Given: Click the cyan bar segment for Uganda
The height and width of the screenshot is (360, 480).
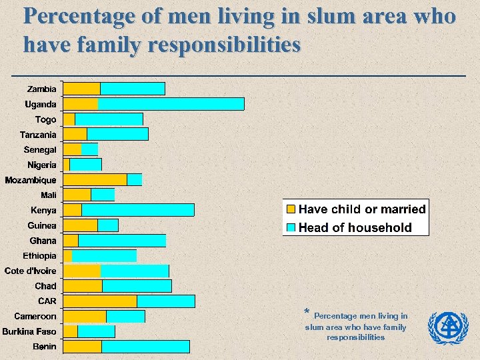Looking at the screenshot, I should pyautogui.click(x=171, y=104).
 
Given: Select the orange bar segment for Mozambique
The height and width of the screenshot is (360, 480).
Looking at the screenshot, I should pyautogui.click(x=95, y=179).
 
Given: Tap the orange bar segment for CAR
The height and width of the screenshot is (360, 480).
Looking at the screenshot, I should pyautogui.click(x=100, y=301).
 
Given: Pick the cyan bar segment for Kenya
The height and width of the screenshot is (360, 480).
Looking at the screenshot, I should pyautogui.click(x=137, y=210).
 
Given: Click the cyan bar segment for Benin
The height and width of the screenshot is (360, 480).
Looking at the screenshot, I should pyautogui.click(x=145, y=347).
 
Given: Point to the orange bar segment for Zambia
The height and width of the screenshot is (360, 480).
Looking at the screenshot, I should pyautogui.click(x=81, y=89).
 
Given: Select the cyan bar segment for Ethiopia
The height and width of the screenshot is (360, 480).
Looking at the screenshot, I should pyautogui.click(x=104, y=256).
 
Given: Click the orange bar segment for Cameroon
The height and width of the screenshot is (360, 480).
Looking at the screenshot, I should pyautogui.click(x=85, y=317).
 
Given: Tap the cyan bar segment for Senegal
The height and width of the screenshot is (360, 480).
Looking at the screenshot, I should pyautogui.click(x=89, y=149).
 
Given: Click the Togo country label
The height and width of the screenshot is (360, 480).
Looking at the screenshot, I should pyautogui.click(x=46, y=120).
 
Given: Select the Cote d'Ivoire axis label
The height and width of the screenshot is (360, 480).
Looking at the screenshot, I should pyautogui.click(x=31, y=271).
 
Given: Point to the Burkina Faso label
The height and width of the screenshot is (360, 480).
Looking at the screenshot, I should pyautogui.click(x=29, y=331).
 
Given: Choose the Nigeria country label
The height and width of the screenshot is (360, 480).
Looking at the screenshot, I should pyautogui.click(x=42, y=165).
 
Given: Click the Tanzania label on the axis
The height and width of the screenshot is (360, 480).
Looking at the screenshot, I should pyautogui.click(x=38, y=135).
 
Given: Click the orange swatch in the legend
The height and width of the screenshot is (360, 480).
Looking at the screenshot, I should pyautogui.click(x=291, y=209).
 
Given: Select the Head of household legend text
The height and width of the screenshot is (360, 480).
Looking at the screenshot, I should pyautogui.click(x=355, y=227).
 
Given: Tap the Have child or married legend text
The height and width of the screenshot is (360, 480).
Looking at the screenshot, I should pyautogui.click(x=362, y=209).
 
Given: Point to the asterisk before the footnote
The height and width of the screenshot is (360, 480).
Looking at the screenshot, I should pyautogui.click(x=307, y=313).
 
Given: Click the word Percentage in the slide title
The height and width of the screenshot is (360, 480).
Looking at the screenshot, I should pyautogui.click(x=80, y=15).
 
